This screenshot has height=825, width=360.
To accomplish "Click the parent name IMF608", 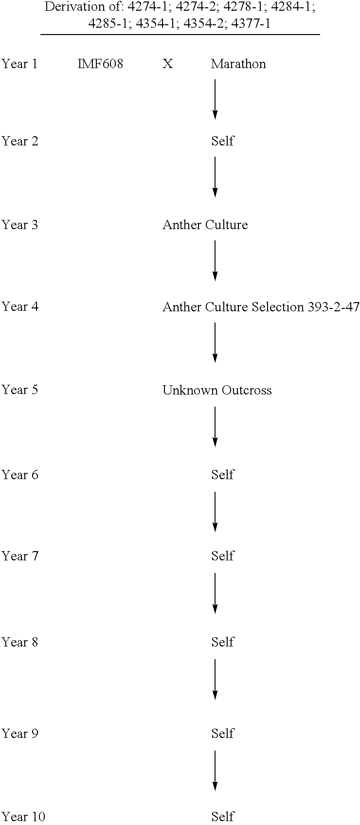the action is tap(100, 64).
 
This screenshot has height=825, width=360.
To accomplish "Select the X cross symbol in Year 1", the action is tap(167, 64).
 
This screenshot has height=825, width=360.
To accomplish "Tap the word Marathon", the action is tap(238, 64).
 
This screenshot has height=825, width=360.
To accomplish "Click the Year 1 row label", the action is tap(19, 64).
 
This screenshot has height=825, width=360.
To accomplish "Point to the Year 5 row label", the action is tap(19, 390).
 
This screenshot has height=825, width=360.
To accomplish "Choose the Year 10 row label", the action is tap(23, 816).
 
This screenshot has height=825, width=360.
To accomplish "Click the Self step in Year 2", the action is tap(222, 141).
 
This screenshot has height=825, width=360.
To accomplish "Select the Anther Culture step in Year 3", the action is tap(205, 225).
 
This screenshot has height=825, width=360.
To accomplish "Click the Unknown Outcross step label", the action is tap(217, 390).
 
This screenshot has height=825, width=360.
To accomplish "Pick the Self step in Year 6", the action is tap(222, 475).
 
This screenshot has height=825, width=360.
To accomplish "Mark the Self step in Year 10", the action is tap(222, 816).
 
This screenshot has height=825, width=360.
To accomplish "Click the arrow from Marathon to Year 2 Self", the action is tap(215, 100).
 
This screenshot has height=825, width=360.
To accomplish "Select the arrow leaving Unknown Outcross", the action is tap(215, 427).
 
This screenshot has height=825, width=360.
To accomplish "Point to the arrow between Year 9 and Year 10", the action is tap(215, 771).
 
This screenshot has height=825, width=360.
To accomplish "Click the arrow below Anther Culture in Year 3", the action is tap(215, 261).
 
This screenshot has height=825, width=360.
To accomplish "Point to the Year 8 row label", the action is tap(19, 642).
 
